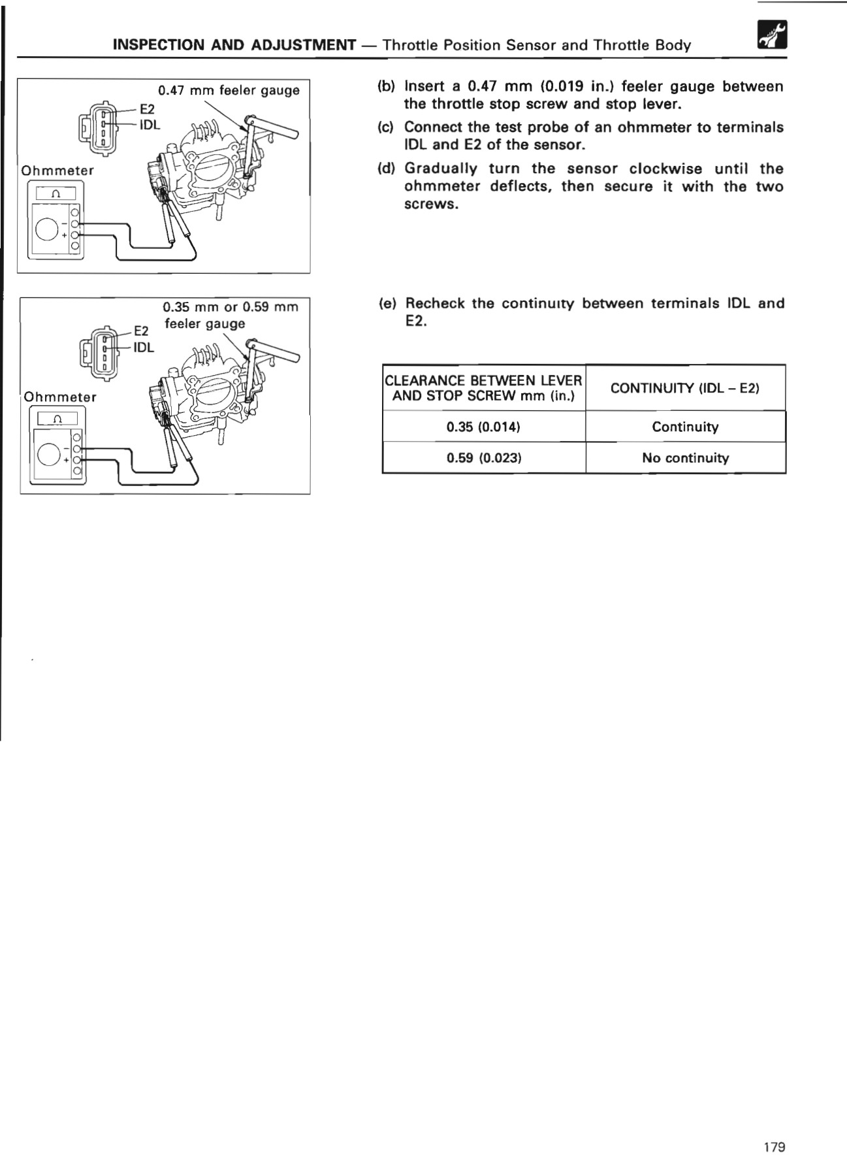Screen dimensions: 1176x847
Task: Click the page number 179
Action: (775, 1147)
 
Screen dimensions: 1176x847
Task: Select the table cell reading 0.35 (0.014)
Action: (483, 427)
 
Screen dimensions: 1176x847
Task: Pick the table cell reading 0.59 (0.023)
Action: (483, 457)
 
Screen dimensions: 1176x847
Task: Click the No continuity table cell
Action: (685, 457)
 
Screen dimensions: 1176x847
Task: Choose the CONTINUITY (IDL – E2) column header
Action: (685, 388)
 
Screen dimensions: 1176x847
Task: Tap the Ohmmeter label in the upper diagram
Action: (57, 171)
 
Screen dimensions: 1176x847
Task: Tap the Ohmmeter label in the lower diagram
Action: (60, 397)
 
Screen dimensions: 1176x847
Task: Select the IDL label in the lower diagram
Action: (144, 348)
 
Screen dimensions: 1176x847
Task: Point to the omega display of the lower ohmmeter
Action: (57, 419)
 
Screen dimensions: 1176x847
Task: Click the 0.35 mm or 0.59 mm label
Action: (230, 306)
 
